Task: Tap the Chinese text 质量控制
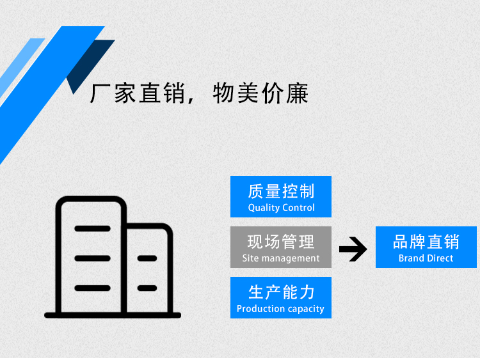pyautogui.click(x=281, y=191)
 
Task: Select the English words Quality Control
pyautogui.click(x=281, y=208)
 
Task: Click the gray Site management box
pyautogui.click(x=281, y=247)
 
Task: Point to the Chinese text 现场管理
pyautogui.click(x=281, y=241)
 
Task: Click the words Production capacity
pyautogui.click(x=280, y=309)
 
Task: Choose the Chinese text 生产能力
pyautogui.click(x=281, y=292)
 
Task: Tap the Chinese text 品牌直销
pyautogui.click(x=426, y=242)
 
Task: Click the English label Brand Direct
pyautogui.click(x=426, y=258)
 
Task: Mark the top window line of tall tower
pyautogui.click(x=92, y=228)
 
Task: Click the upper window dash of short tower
pyautogui.click(x=147, y=258)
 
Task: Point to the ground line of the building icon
pyautogui.click(x=113, y=315)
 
